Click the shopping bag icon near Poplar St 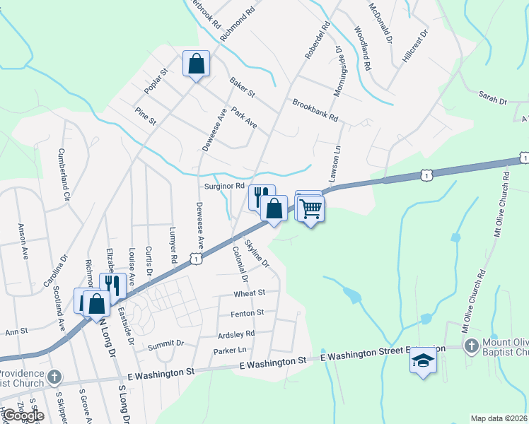point(197,64)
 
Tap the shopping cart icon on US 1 point(310,209)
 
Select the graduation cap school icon point(423,361)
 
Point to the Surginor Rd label point(224,187)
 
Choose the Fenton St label point(247,312)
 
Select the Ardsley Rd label point(236,334)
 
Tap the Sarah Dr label point(493,98)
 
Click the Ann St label point(16,331)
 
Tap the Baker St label point(242,88)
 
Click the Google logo point(23,416)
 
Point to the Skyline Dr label point(257,252)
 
